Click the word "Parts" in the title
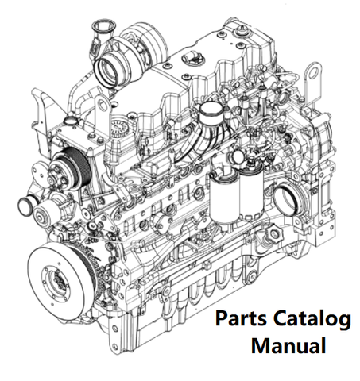(x=241, y=318)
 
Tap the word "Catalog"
(x=312, y=319)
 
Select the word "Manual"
(x=288, y=345)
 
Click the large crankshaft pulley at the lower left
(x=61, y=279)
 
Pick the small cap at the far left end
(x=25, y=206)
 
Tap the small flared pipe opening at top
(x=104, y=26)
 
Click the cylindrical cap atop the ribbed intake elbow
(x=211, y=112)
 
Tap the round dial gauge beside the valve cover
(x=118, y=128)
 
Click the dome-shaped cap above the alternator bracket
(x=72, y=120)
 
